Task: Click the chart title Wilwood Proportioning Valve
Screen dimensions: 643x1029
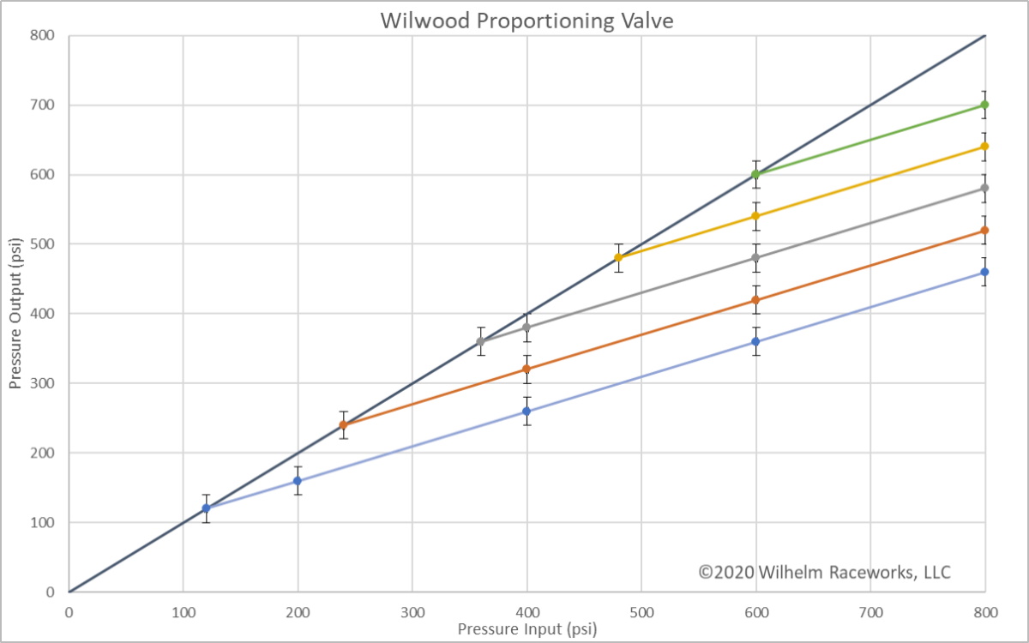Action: point(527,21)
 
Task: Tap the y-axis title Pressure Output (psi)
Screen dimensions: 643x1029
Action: point(15,314)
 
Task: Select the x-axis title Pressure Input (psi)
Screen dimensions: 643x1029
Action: point(527,628)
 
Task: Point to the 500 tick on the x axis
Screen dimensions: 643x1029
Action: point(641,612)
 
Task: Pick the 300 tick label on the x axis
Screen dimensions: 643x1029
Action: point(412,612)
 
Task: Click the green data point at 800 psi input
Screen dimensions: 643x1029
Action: point(984,105)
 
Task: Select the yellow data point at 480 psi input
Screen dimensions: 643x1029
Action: point(618,257)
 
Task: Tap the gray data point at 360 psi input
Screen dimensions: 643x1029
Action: point(480,341)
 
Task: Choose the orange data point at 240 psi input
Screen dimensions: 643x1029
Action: point(343,424)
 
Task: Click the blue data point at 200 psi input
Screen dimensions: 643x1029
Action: point(298,480)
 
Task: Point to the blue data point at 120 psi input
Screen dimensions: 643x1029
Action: point(206,508)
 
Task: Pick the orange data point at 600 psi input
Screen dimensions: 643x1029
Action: point(755,299)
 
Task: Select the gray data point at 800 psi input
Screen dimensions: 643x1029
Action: point(984,188)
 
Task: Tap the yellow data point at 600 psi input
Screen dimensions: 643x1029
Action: point(755,216)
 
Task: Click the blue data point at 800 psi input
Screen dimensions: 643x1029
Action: point(984,272)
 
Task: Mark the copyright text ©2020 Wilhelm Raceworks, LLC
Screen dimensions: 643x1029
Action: point(824,571)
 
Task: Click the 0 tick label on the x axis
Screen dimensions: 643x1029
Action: point(69,612)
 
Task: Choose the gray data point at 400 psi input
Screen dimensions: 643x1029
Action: point(527,328)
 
